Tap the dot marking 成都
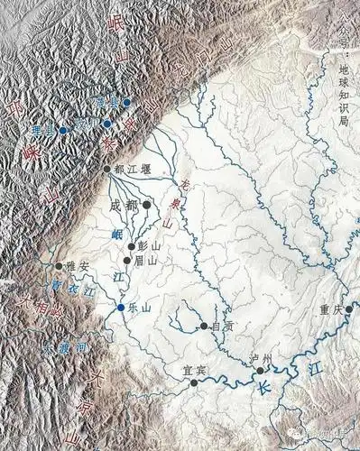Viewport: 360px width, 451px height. (x=147, y=206)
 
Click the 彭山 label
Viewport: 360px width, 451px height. (x=148, y=245)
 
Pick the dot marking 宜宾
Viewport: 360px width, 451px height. (x=193, y=382)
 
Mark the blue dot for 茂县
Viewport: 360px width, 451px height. (x=127, y=102)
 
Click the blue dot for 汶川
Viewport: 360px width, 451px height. (x=106, y=124)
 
